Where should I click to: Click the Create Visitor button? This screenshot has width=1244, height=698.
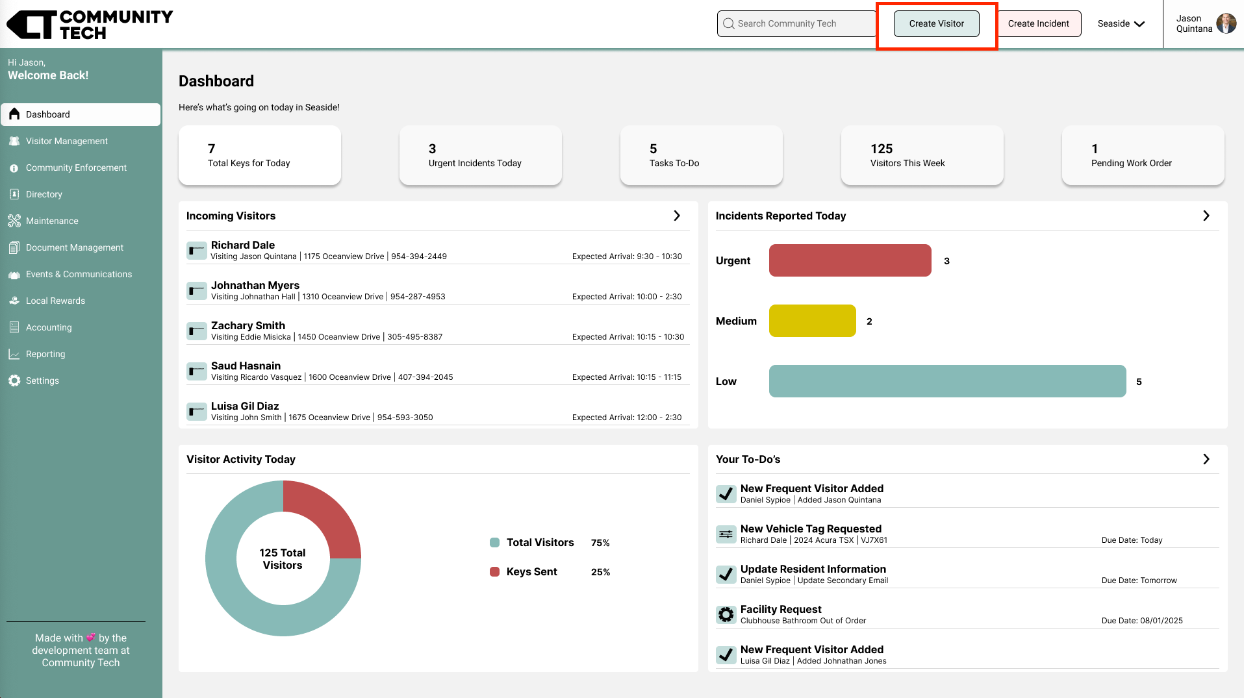coord(936,24)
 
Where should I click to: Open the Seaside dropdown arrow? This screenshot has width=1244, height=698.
coord(1139,24)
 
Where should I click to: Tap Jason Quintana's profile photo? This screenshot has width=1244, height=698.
coord(1226,23)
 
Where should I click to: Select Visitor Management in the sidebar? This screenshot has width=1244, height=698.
coord(66,141)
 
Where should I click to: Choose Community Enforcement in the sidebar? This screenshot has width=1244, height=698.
coord(76,168)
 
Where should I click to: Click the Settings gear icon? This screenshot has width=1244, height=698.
coord(14,380)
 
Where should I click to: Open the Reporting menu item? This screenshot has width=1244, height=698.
coord(45,354)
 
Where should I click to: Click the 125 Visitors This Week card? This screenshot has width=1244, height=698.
coord(922,156)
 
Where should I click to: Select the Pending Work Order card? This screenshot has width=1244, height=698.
coord(1143,156)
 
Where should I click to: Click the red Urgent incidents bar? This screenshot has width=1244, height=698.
coord(850,260)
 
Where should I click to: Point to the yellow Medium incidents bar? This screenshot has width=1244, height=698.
coord(812,321)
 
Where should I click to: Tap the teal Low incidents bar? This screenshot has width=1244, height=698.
coord(947,381)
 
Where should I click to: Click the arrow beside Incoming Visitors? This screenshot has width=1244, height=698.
coord(677,216)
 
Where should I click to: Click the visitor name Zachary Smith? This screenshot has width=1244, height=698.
coord(248,325)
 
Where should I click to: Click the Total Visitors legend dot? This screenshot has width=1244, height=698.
coord(494,543)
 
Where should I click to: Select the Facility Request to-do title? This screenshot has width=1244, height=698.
coord(781,609)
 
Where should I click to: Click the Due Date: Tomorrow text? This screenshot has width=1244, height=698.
coord(1139,580)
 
